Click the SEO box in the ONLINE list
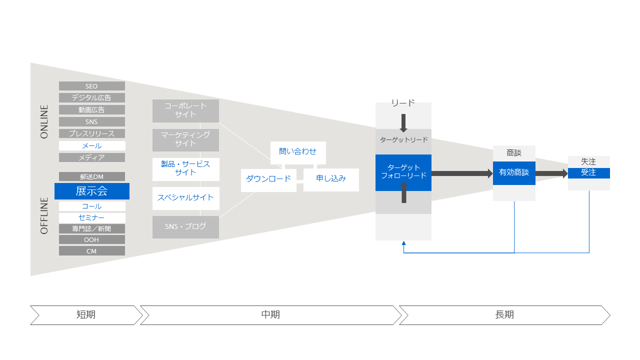tap(91, 86)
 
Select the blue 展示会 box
tap(91, 191)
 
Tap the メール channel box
tap(91, 145)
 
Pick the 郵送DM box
tap(91, 176)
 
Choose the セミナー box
tap(91, 218)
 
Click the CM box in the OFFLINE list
tap(91, 251)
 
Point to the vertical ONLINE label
tap(44, 121)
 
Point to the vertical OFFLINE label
tap(44, 215)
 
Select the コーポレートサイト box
tap(185, 110)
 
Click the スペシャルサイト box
tap(185, 198)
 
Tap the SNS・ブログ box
tap(185, 226)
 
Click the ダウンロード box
tap(268, 179)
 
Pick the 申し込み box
tap(331, 179)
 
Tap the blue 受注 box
tap(588, 173)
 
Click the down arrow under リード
tap(403, 122)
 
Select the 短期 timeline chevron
tap(86, 315)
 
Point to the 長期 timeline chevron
tap(504, 315)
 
